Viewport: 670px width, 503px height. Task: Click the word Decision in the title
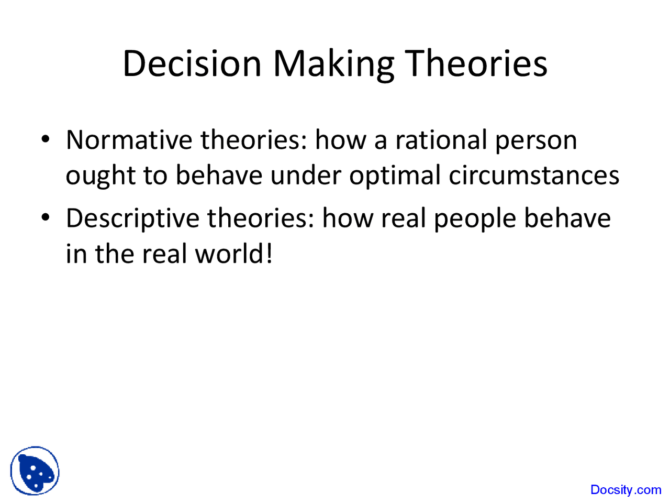point(192,63)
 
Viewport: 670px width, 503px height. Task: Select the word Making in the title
point(333,64)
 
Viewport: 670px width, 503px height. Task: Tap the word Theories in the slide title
point(477,63)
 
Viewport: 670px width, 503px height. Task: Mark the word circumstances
point(534,175)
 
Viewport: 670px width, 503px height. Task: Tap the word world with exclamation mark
point(233,254)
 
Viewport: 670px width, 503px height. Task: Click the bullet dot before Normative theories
point(46,139)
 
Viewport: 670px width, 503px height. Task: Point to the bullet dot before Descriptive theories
point(46,217)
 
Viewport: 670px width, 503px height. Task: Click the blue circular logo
point(35,471)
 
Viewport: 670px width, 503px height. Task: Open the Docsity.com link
point(626,490)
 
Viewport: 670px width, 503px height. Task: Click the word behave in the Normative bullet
point(219,175)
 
